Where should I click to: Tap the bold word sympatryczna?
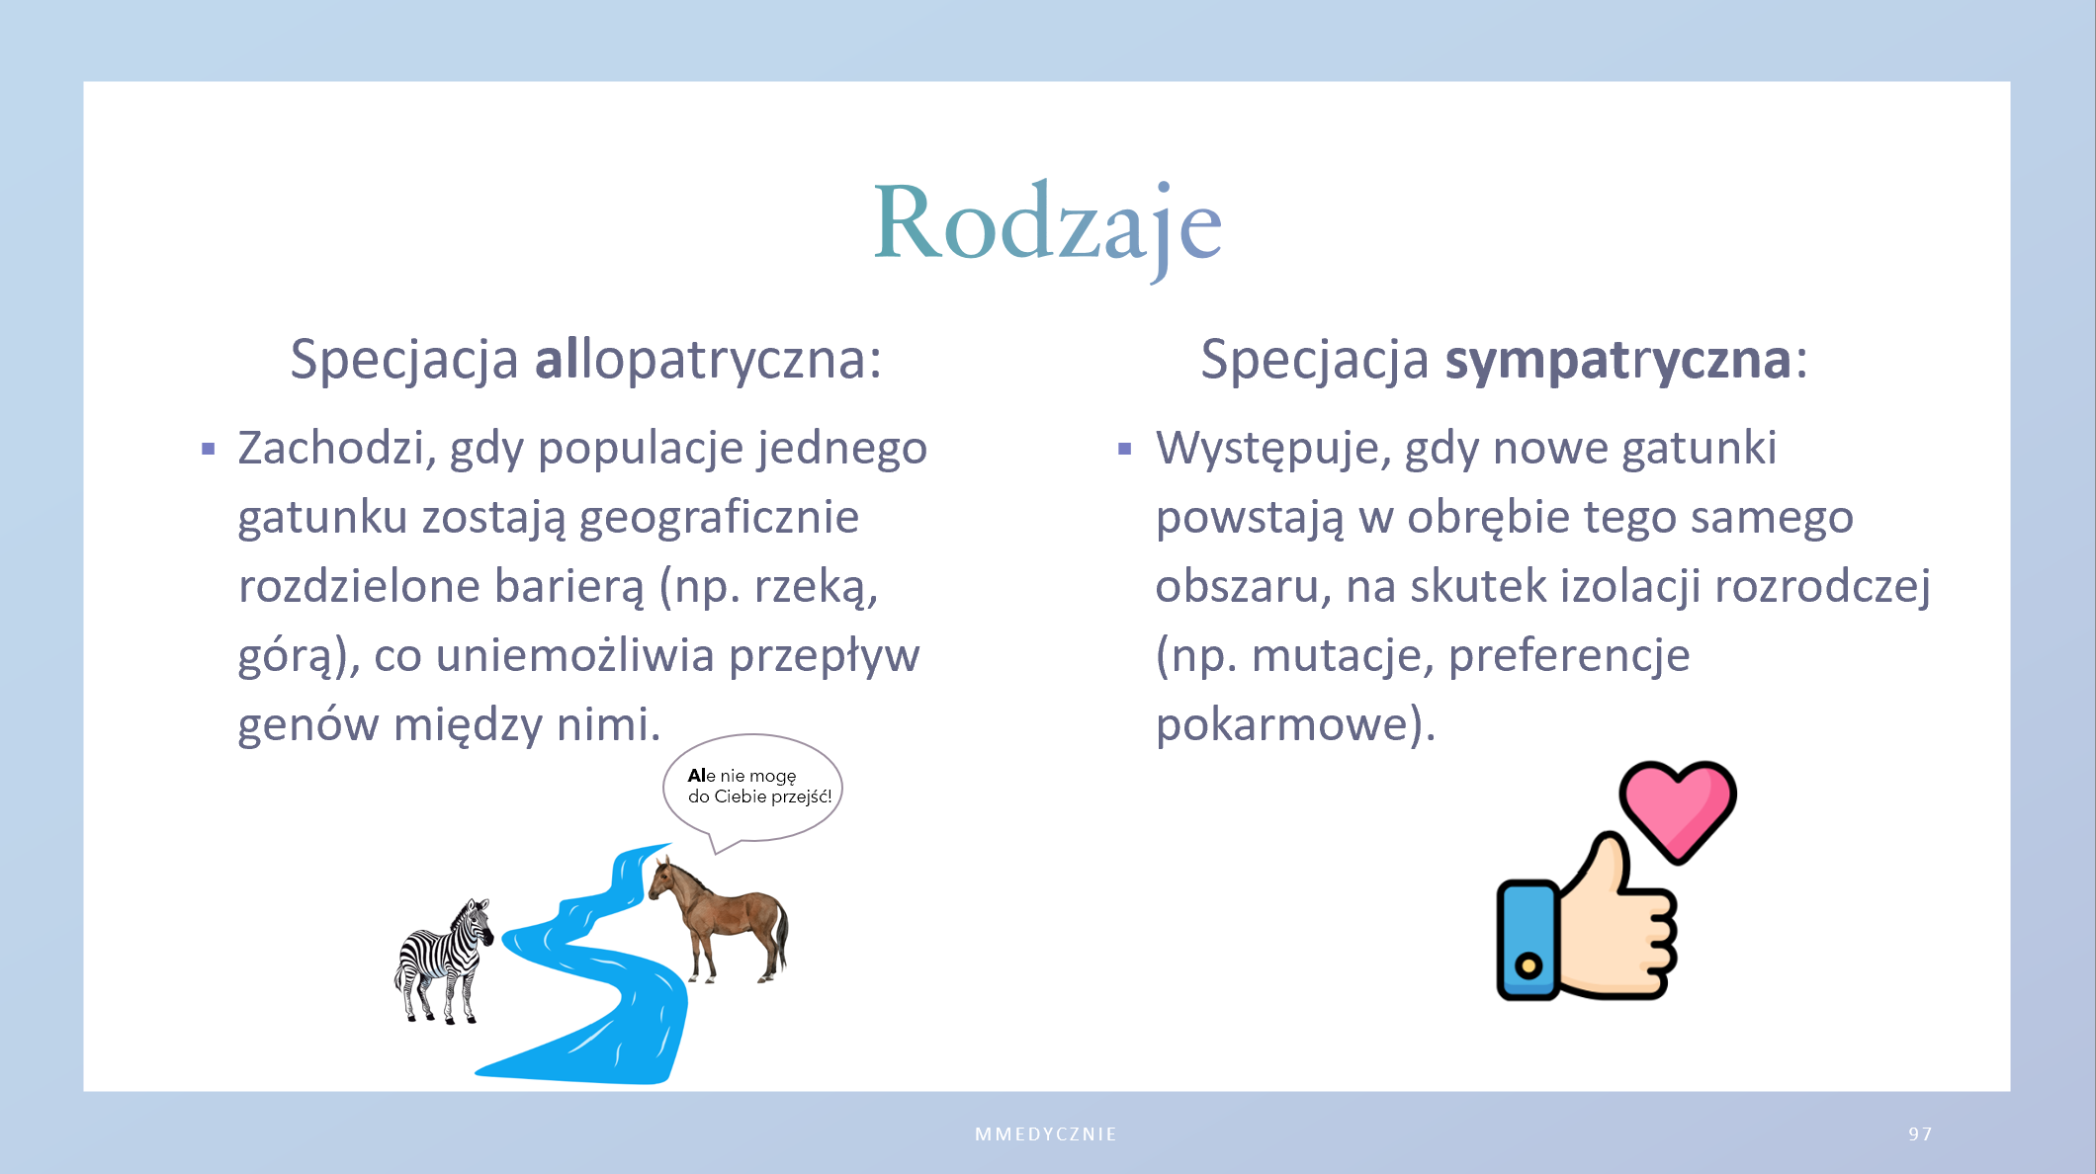[1617, 360]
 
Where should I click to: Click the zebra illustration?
[444, 961]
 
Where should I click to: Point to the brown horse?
[719, 920]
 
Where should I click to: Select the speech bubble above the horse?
[752, 791]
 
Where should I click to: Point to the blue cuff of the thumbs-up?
[1528, 940]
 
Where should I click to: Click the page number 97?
[1920, 1133]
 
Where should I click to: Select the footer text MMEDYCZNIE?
[1046, 1134]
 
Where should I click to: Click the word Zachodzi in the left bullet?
[337, 448]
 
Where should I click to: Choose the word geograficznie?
[719, 519]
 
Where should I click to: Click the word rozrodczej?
[1822, 587]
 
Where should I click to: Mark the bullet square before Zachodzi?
[208, 450]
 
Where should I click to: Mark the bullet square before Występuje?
[1124, 450]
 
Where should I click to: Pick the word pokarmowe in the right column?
[1282, 724]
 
